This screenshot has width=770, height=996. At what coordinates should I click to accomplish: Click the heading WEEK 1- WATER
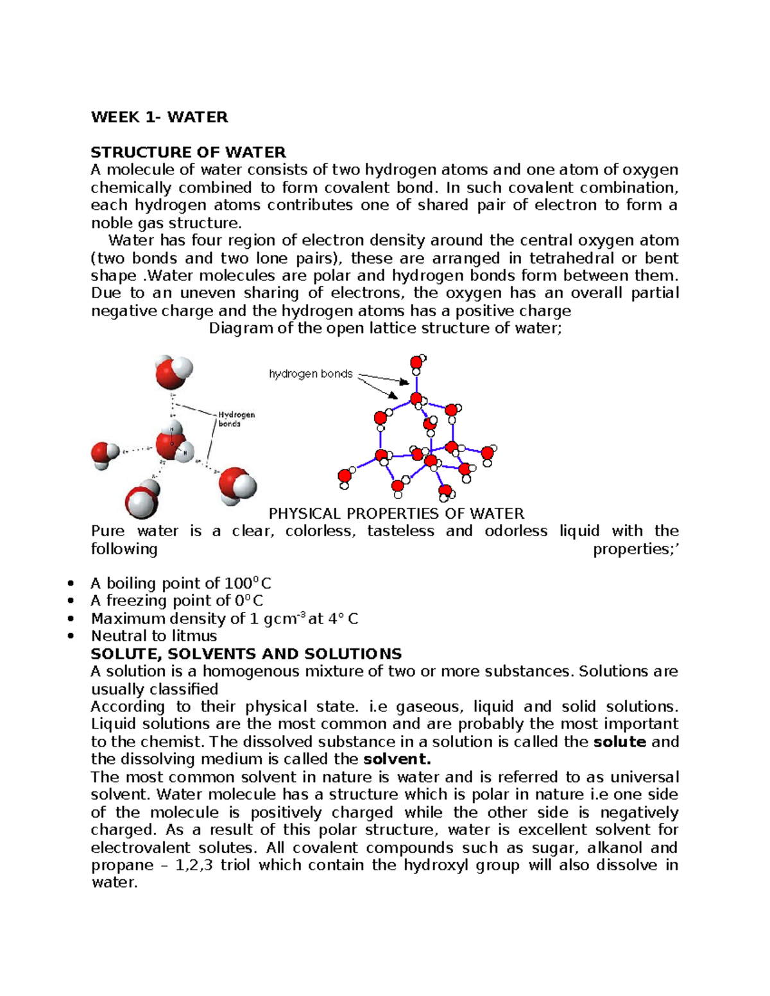tap(159, 117)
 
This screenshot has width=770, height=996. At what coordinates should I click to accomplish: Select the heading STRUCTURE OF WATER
tap(188, 152)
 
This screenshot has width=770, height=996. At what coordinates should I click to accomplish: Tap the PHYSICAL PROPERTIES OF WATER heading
tap(396, 514)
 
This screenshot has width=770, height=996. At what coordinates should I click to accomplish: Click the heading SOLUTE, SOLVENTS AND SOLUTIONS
tap(246, 654)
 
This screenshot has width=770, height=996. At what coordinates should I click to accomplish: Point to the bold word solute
tap(620, 742)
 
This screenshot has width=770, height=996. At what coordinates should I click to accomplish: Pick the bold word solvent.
tap(397, 759)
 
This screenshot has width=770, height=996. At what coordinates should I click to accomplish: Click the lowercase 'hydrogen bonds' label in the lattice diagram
tap(311, 374)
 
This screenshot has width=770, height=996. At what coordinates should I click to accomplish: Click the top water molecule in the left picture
tap(173, 372)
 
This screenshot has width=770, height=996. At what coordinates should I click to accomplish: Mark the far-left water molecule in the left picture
tap(104, 455)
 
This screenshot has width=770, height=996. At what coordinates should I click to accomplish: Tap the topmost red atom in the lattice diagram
tap(416, 362)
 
